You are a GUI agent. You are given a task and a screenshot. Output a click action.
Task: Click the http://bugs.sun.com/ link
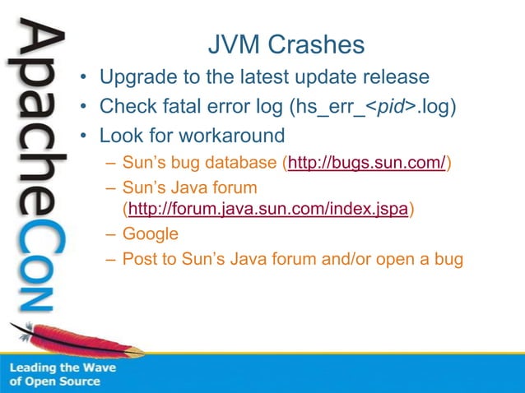pyautogui.click(x=366, y=163)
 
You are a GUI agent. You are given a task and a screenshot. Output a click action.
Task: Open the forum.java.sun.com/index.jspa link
pyautogui.click(x=268, y=210)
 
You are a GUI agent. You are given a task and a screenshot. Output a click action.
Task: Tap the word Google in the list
pyautogui.click(x=150, y=233)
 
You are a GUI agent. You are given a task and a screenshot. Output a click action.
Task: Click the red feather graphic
pyautogui.click(x=78, y=340)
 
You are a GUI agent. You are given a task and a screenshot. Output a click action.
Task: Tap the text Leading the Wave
pyautogui.click(x=63, y=368)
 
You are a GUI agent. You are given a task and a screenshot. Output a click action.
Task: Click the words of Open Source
pyautogui.click(x=54, y=381)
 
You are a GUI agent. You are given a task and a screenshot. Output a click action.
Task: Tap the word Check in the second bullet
pyautogui.click(x=126, y=106)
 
